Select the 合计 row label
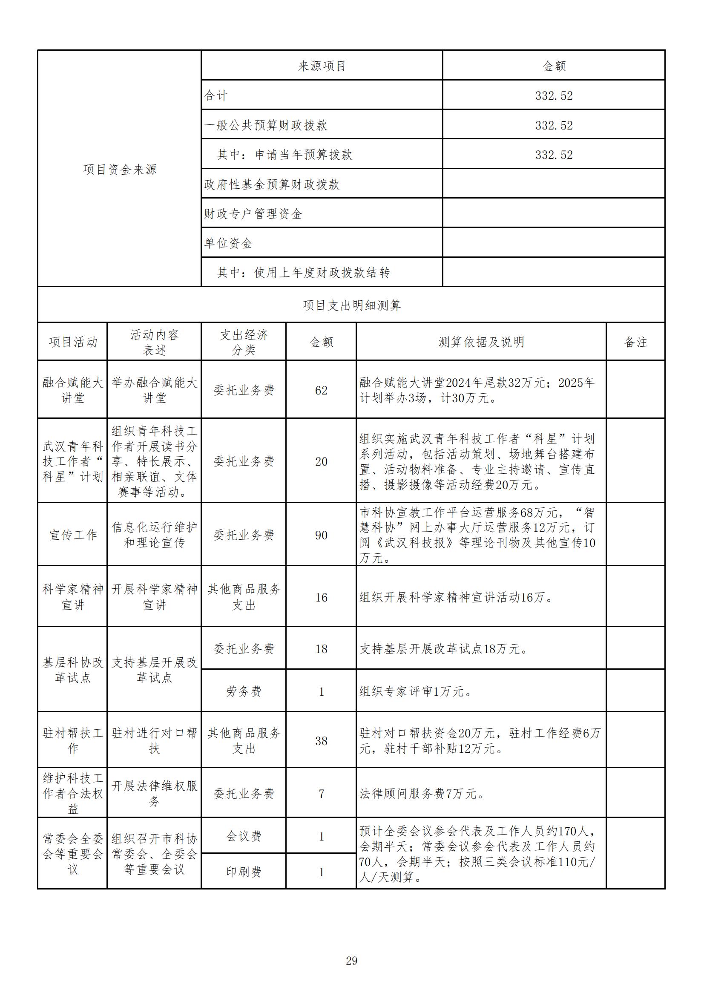tap(216, 95)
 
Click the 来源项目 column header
tap(322, 66)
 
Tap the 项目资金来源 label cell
tap(120, 169)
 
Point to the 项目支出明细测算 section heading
tap(351, 305)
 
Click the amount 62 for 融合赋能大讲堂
tap(321, 390)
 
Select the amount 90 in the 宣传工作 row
tap(321, 535)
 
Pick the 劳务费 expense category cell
tap(244, 691)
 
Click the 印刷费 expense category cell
tap(244, 872)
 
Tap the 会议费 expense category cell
tap(244, 836)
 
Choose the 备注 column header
tap(635, 342)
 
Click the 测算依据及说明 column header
tap(481, 342)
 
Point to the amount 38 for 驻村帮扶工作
tap(321, 741)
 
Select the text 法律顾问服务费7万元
tap(422, 794)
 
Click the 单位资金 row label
tap(228, 243)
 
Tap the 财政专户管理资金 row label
tap(253, 214)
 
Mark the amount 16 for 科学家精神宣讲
tap(321, 598)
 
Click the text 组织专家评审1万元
tap(416, 691)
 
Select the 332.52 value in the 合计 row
tap(554, 95)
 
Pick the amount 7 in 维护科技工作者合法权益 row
tap(321, 794)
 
